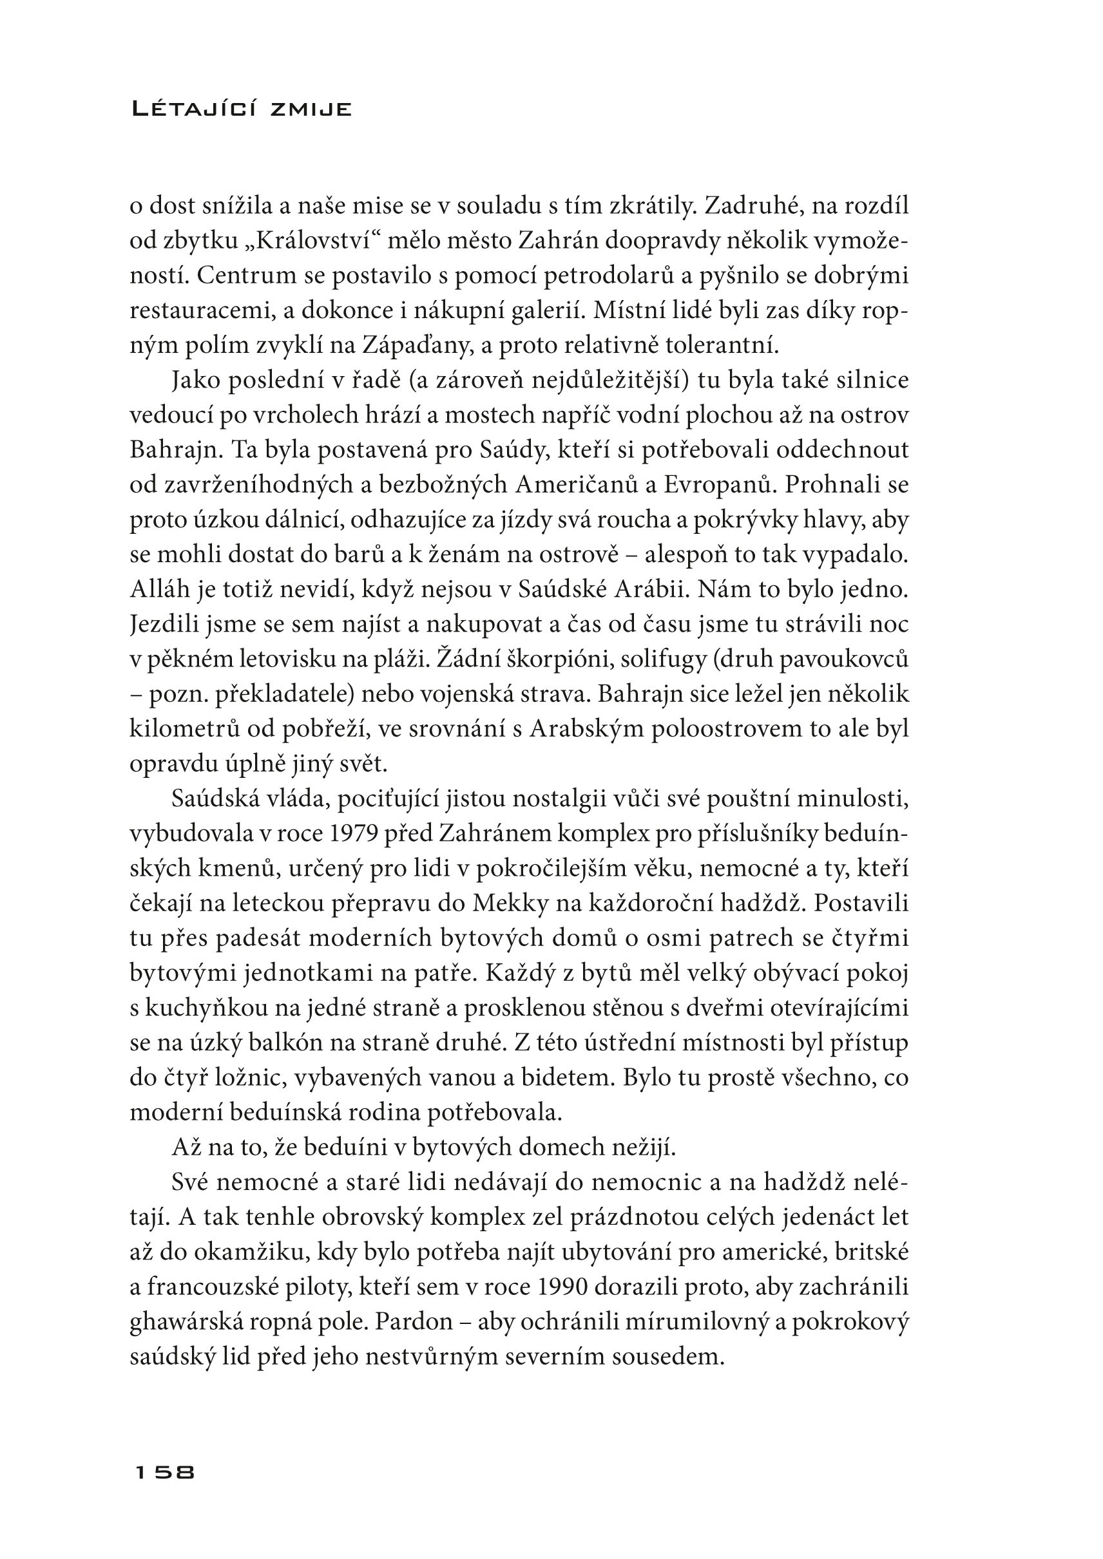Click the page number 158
point(165,1473)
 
